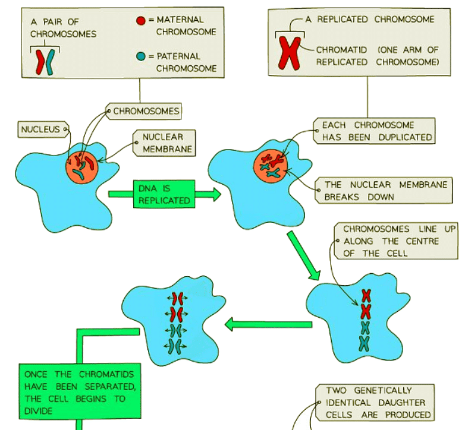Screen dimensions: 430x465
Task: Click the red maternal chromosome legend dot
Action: click(140, 20)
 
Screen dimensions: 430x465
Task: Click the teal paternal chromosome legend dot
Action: click(140, 56)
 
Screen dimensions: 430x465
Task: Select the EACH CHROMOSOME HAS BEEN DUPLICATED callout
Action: click(376, 131)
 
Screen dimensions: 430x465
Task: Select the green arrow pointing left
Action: click(268, 324)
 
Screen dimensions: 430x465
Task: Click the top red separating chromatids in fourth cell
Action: click(175, 298)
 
